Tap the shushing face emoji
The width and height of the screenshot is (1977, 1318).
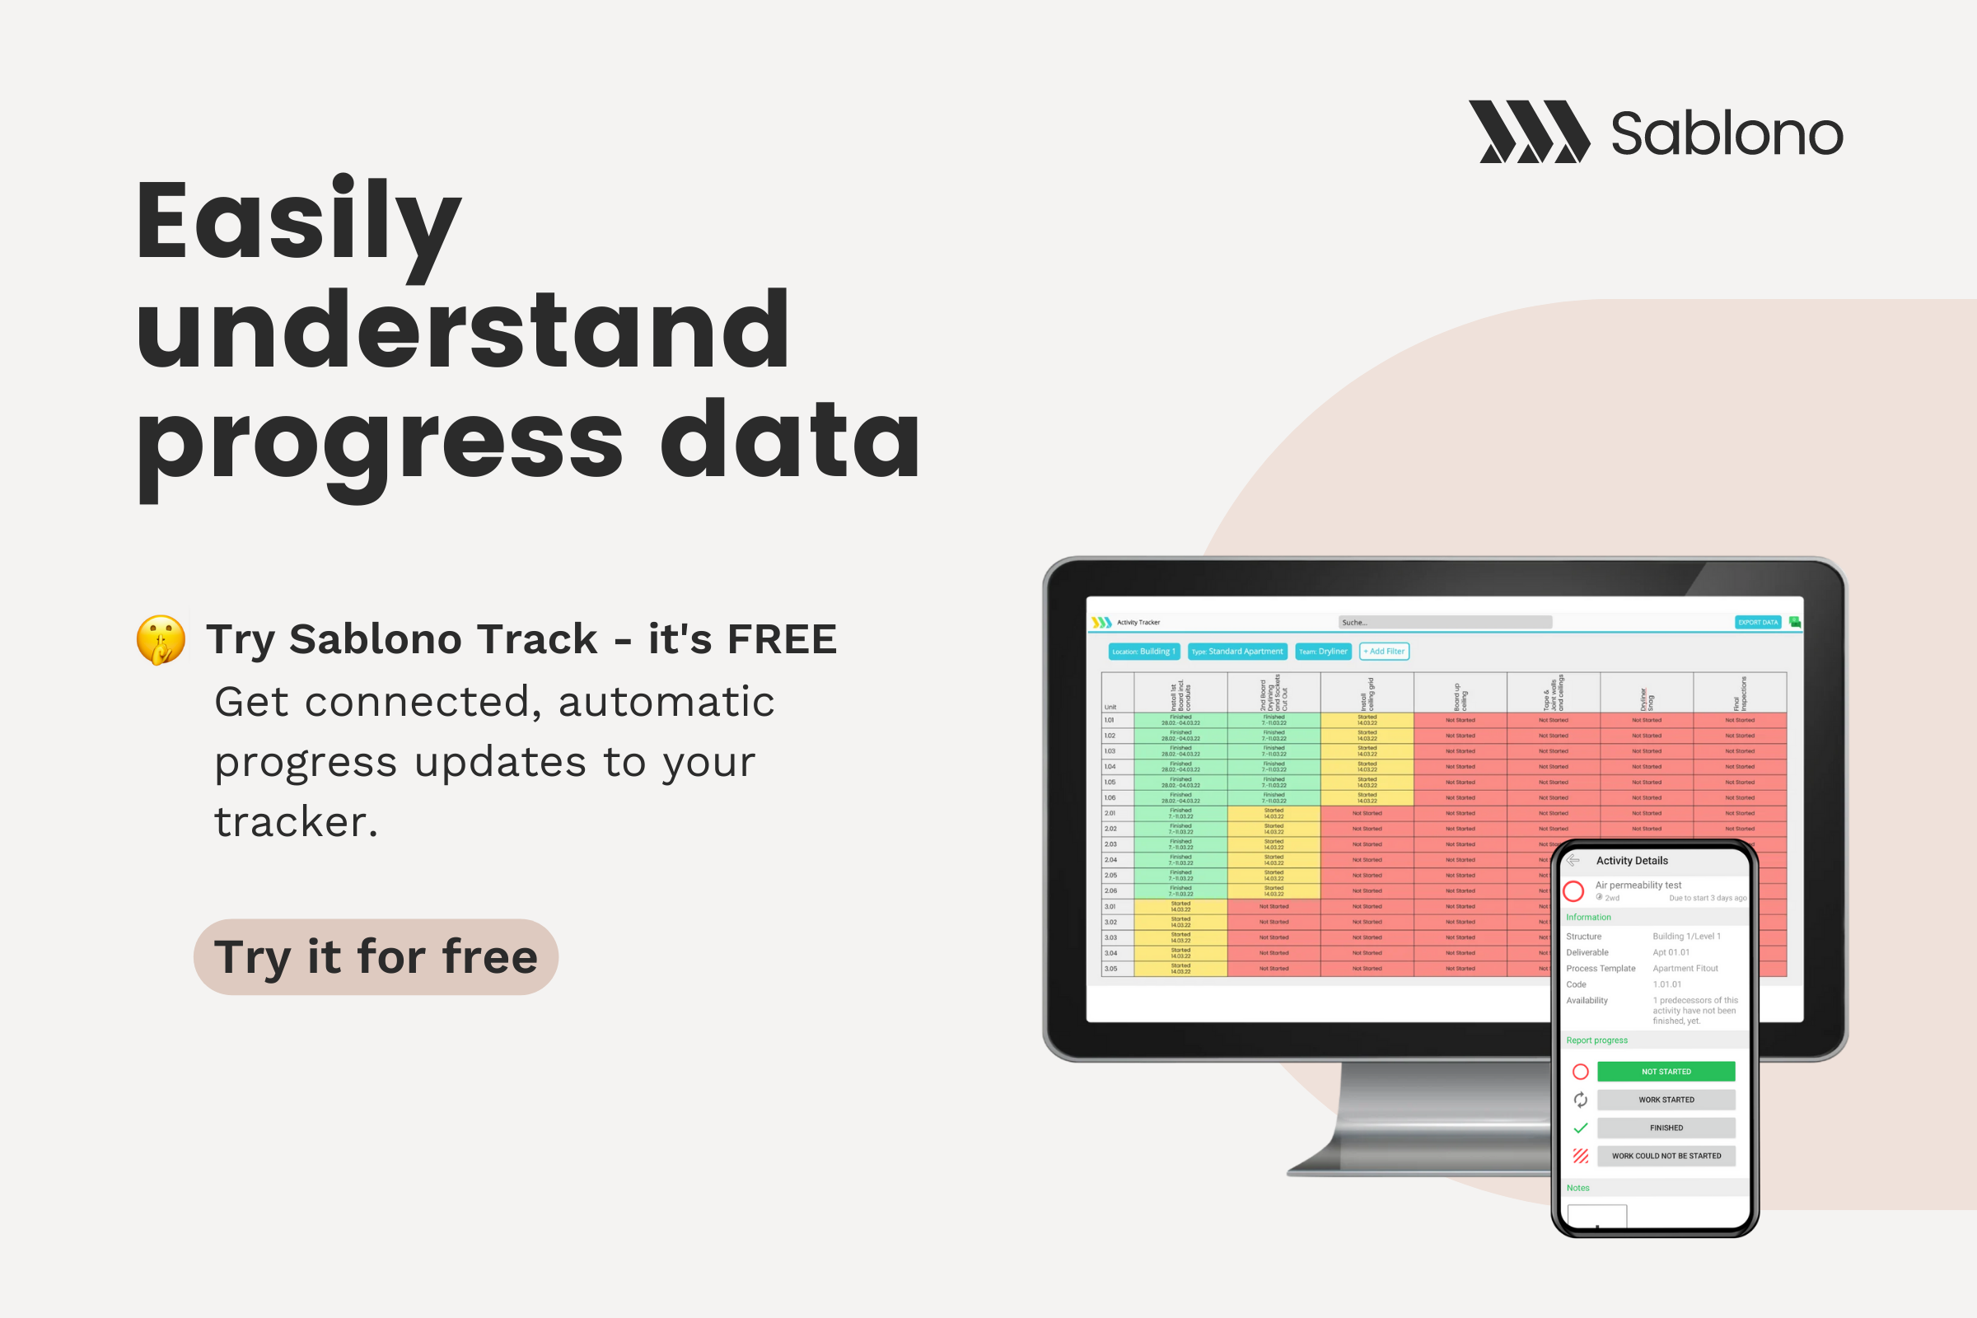pos(161,640)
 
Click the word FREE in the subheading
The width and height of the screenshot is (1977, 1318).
pos(782,639)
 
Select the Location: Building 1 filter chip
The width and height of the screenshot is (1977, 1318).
pos(1144,652)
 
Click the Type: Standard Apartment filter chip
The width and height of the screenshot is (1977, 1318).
pos(1237,652)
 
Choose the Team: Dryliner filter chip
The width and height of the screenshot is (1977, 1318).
pos(1323,652)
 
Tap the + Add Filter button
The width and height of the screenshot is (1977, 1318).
pos(1384,652)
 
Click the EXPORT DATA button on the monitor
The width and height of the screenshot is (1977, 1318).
pos(1758,622)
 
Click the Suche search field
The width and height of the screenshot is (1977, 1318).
pos(1445,622)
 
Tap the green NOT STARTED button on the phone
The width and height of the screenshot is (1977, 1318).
pos(1666,1072)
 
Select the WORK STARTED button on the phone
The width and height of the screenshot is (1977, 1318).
pos(1666,1100)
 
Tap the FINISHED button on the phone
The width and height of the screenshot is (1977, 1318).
pos(1666,1128)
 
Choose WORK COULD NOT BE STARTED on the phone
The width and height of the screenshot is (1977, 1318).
pos(1666,1156)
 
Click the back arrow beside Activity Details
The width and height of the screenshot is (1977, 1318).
pos(1573,861)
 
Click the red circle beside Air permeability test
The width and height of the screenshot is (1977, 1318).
pos(1573,891)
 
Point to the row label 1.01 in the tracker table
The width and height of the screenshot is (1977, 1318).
pos(1110,720)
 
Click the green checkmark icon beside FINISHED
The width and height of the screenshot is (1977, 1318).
pos(1580,1128)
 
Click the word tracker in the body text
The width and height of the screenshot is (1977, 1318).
pos(295,822)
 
